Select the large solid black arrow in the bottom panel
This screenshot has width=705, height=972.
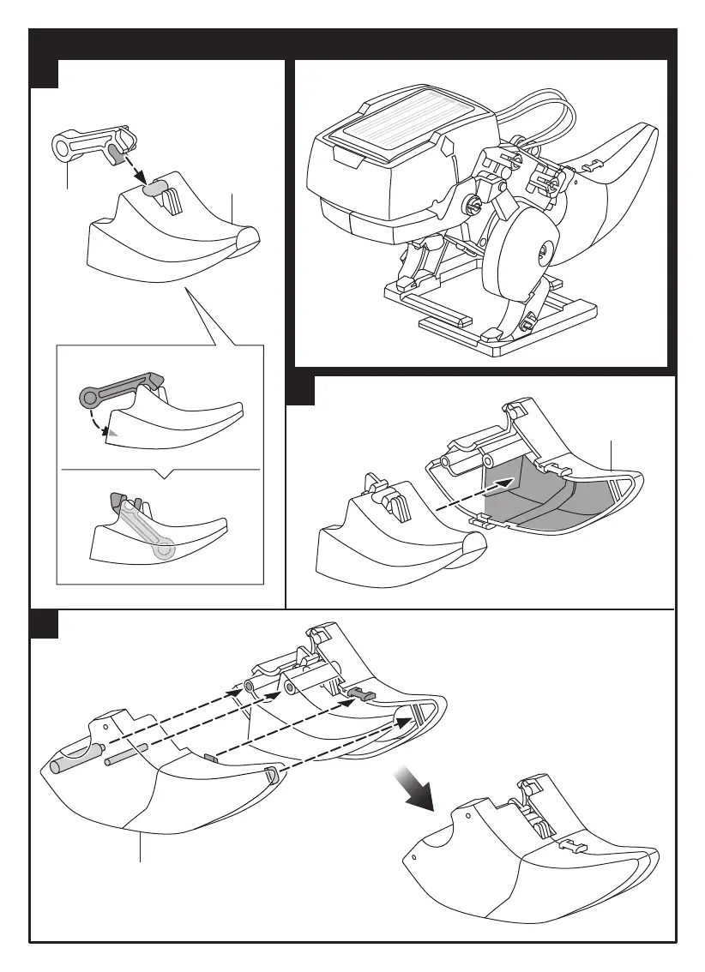point(414,786)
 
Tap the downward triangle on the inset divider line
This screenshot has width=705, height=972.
point(168,474)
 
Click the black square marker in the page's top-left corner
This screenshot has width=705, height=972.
point(44,74)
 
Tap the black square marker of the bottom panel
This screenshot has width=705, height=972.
point(44,623)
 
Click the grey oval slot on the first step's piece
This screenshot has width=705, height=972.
point(155,188)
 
